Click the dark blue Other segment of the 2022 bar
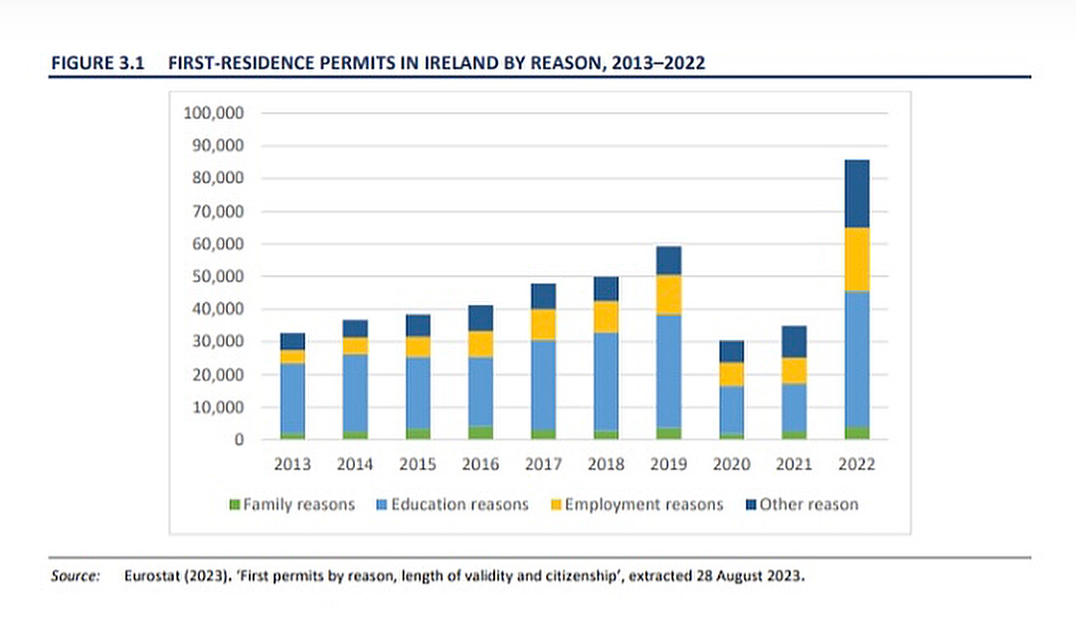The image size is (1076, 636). (x=849, y=194)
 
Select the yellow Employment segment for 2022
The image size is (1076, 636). (x=849, y=259)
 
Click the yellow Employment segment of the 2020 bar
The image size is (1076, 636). (x=731, y=374)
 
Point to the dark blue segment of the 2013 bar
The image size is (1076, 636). (x=292, y=341)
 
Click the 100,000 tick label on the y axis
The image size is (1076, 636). (x=214, y=113)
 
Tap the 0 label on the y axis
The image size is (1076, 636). (x=239, y=440)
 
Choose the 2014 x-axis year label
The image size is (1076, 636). (x=355, y=464)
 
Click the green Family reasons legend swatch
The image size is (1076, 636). (x=235, y=505)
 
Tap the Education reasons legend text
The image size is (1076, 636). (x=459, y=505)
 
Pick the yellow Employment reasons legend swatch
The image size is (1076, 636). (x=556, y=505)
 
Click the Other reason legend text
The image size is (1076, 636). (x=808, y=505)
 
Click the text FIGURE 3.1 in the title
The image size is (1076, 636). (x=97, y=63)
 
